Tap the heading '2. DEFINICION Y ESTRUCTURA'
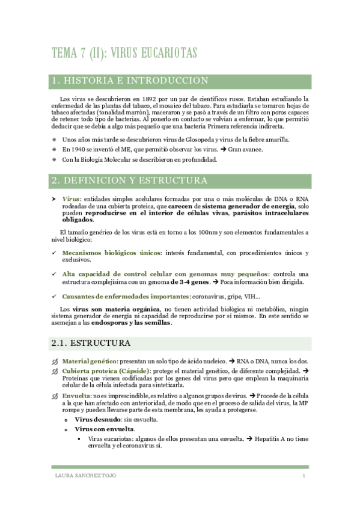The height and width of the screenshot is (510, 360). coord(130,180)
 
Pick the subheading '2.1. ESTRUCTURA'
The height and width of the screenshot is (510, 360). coord(91,343)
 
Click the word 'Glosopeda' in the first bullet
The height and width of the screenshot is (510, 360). coord(190,140)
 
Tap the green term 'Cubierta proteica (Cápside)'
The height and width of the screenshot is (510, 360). coord(109,371)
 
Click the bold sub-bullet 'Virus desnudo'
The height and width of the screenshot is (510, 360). coord(96,419)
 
